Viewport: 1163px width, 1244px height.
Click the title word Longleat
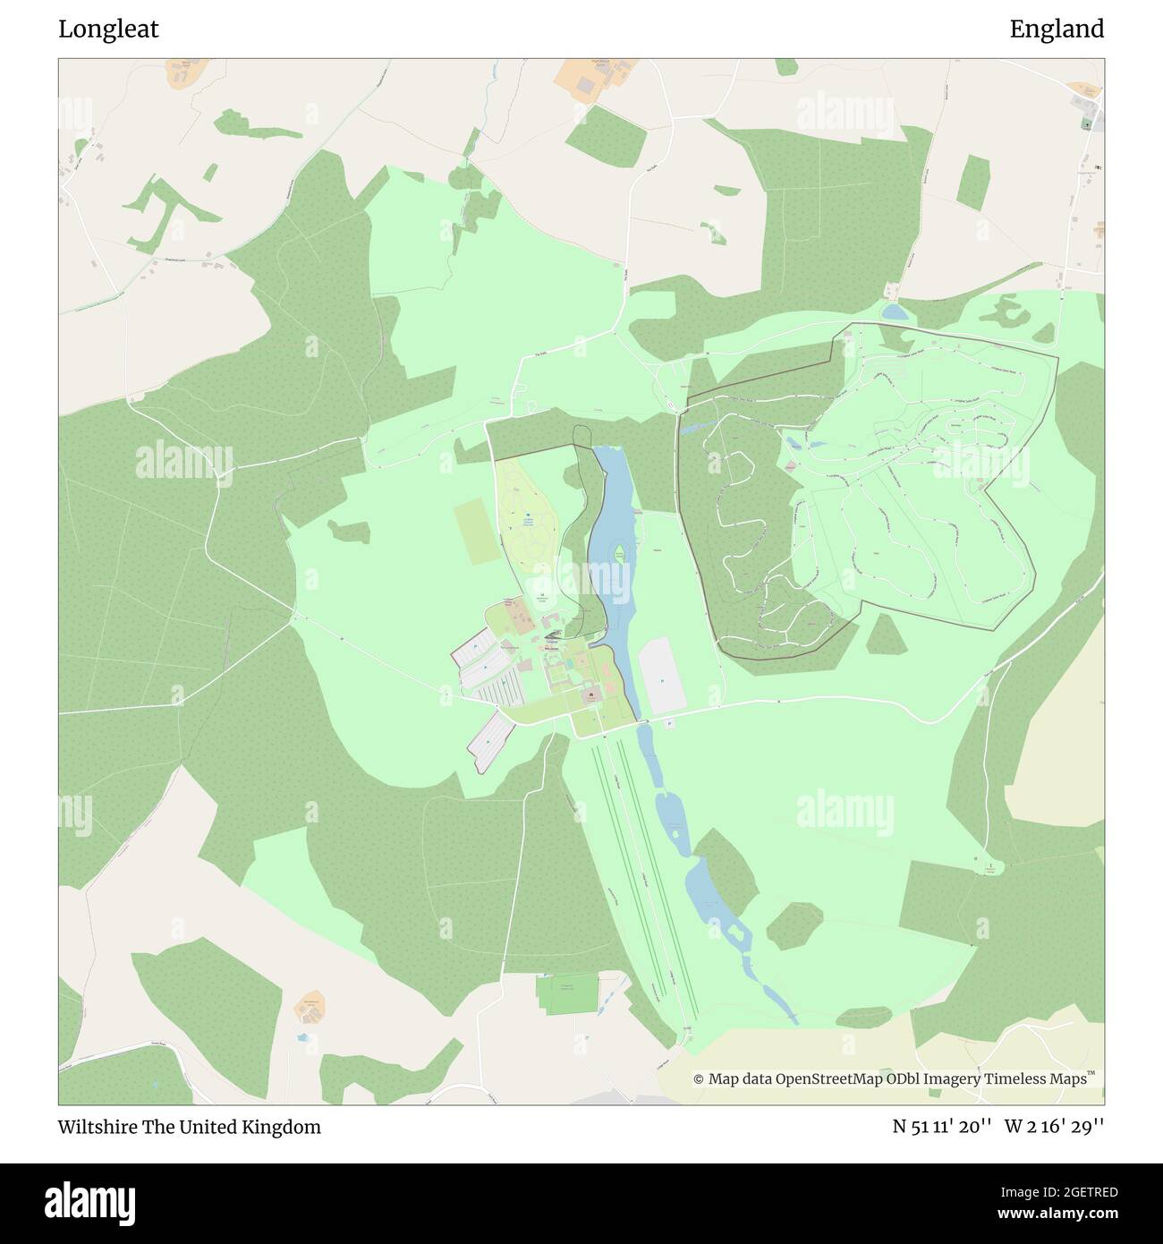click(108, 30)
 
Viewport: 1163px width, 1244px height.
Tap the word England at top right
click(1057, 30)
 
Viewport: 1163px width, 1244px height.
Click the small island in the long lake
click(618, 556)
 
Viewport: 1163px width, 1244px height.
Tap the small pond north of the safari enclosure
click(893, 311)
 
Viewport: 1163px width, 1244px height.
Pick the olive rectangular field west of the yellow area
click(474, 532)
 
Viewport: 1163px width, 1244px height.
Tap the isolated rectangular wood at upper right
click(972, 181)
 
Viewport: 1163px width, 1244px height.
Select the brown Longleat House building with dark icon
click(591, 694)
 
